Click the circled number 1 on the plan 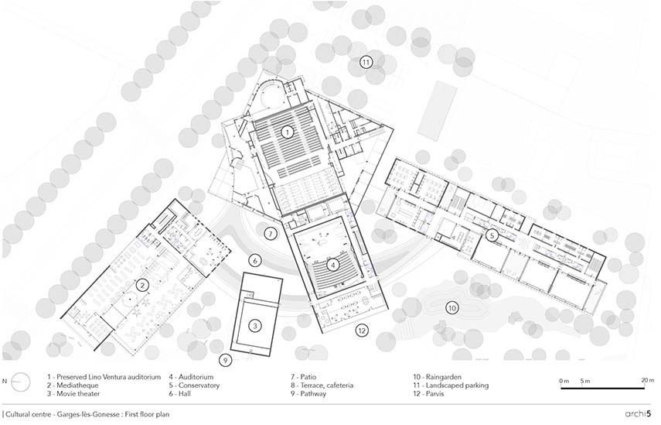click(x=286, y=132)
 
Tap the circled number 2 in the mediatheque click(x=142, y=285)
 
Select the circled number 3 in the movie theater click(x=255, y=325)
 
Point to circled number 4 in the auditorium click(x=332, y=264)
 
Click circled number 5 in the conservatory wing click(x=492, y=235)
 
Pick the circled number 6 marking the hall click(x=255, y=260)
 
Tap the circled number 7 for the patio click(x=270, y=233)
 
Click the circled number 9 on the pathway click(x=225, y=360)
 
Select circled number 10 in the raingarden click(x=451, y=308)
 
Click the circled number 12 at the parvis click(x=361, y=331)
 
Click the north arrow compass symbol click(x=21, y=381)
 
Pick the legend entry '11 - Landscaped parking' click(x=451, y=385)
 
